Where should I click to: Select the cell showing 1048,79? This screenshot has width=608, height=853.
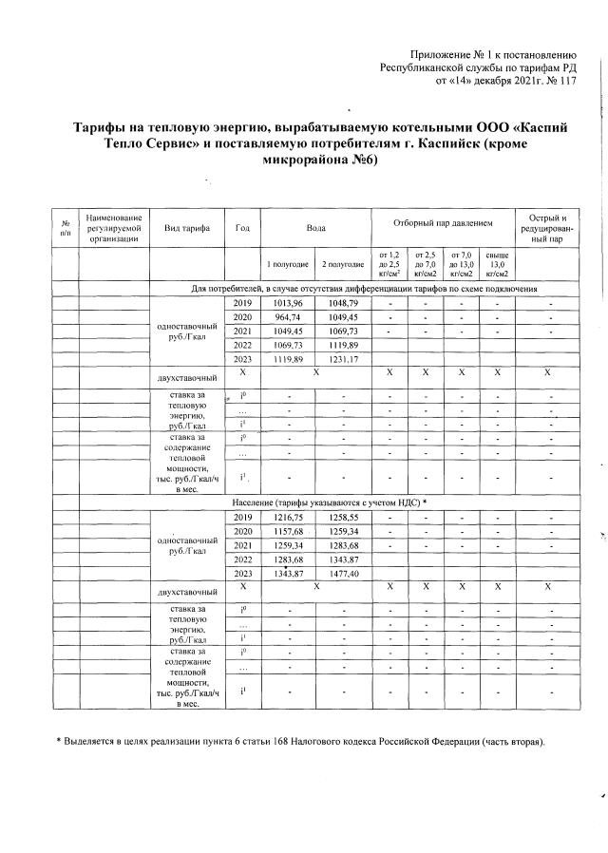tap(343, 302)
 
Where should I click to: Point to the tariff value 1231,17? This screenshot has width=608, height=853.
tap(343, 359)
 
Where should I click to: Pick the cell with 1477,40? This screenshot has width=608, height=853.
tap(343, 575)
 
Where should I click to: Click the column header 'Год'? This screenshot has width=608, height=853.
tap(242, 228)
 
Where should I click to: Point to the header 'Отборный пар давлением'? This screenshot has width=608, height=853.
tap(443, 221)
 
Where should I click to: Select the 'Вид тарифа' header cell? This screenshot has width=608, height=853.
tap(187, 228)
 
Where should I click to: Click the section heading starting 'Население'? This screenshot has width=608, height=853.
tap(330, 501)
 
